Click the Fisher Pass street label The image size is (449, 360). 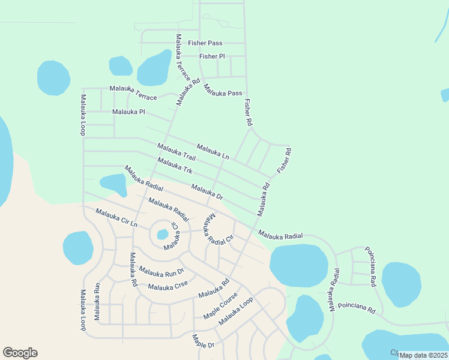point(205,43)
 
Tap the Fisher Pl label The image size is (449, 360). point(212,56)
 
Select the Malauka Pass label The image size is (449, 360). point(222,90)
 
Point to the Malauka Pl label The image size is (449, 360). point(128,112)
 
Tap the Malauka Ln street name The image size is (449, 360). point(213,152)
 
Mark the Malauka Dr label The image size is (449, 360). point(207,192)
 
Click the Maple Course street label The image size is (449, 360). point(220,306)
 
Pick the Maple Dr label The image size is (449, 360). point(203,341)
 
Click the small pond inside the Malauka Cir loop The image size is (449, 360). point(162,234)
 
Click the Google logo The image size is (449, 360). point(20,353)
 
